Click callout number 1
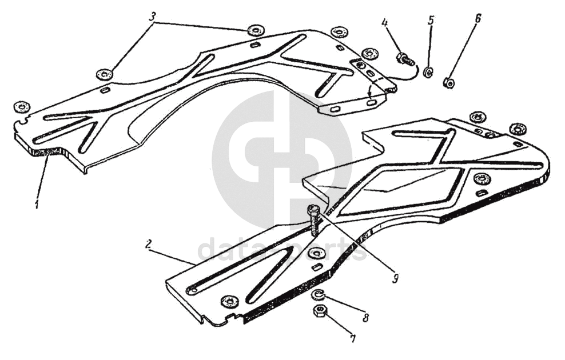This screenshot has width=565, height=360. [x=37, y=203]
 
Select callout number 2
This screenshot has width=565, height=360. [x=149, y=244]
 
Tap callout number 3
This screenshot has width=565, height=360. [x=152, y=17]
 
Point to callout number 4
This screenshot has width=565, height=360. [x=385, y=23]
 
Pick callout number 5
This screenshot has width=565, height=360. [x=431, y=21]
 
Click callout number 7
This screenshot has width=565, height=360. [x=353, y=338]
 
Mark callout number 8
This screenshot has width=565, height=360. [x=365, y=318]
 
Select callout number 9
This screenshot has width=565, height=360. [x=395, y=279]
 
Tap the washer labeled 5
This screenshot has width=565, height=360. [x=428, y=72]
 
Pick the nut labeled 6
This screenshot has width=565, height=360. [x=449, y=83]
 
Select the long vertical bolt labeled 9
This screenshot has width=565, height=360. [x=313, y=220]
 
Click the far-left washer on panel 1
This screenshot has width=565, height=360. [x=22, y=106]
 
